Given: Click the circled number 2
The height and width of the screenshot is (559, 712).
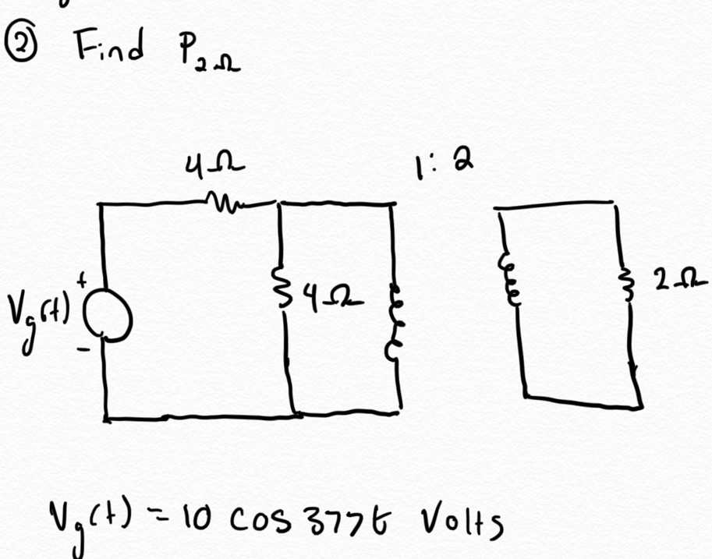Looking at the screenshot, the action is tap(19, 44).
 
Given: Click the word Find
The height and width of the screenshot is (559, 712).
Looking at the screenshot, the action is tap(109, 44).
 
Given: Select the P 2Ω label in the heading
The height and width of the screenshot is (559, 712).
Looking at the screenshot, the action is tap(208, 54).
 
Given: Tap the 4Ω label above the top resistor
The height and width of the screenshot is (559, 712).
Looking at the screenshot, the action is tap(214, 165).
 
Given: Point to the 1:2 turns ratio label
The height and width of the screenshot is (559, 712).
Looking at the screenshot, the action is tap(443, 164).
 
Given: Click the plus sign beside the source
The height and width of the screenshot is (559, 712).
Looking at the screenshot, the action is tap(81, 281).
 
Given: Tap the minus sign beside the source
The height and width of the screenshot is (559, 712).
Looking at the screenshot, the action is tap(83, 349).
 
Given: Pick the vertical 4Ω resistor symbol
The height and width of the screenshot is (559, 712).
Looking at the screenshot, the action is tap(283, 287).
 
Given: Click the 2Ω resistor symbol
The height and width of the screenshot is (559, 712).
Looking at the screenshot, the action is tap(628, 285).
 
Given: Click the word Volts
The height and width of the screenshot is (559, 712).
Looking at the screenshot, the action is tap(462, 522).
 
